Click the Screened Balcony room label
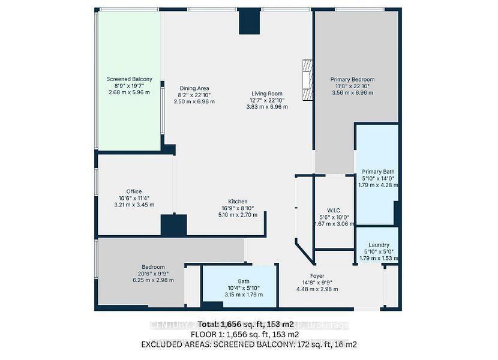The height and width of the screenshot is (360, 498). tap(129, 79)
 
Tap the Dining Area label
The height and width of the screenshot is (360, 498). tap(194, 88)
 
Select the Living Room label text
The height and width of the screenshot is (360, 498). tap(267, 94)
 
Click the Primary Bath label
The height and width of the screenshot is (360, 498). tap(378, 172)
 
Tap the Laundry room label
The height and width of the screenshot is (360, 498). tap(378, 245)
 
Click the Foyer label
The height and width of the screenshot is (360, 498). tap(317, 276)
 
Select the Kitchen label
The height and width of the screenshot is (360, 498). tap(238, 202)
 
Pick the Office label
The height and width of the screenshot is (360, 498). tap(134, 192)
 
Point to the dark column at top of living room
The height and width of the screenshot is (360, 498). tap(250, 22)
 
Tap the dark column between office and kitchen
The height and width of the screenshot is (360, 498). tap(173, 226)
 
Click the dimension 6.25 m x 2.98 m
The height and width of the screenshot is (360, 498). tap(153, 280)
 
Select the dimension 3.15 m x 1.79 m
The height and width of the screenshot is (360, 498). tap(239, 294)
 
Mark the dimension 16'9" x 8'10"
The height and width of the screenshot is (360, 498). tap(238, 208)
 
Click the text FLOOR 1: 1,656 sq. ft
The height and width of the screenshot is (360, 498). tap(244, 334)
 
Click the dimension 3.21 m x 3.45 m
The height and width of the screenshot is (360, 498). tap(134, 205)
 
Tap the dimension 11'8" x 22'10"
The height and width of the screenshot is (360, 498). tap(352, 86)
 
